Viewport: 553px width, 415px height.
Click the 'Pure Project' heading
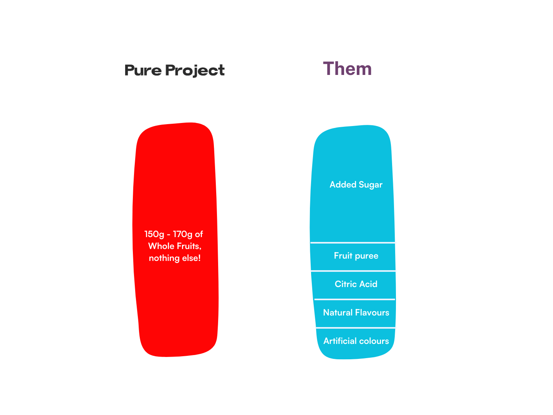175,70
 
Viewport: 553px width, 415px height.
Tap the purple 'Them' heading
347,69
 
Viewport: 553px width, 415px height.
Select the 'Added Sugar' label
356,185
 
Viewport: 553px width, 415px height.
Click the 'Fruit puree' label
356,256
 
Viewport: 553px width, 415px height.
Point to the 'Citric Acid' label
356,284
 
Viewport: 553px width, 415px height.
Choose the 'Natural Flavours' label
356,313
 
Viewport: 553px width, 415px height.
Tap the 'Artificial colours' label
356,341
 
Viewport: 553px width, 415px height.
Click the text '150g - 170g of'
174,234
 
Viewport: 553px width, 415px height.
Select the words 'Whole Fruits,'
175,246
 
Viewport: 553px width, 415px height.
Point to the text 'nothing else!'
175,258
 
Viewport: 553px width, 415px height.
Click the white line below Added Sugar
353,242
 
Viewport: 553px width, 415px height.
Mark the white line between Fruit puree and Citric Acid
353,271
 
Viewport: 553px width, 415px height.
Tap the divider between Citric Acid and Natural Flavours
354,299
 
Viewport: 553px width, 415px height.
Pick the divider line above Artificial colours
356,328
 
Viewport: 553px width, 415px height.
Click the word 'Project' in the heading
195,71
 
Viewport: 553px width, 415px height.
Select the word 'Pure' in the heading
143,71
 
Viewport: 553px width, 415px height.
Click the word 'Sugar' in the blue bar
371,185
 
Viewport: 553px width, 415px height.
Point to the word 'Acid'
368,284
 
